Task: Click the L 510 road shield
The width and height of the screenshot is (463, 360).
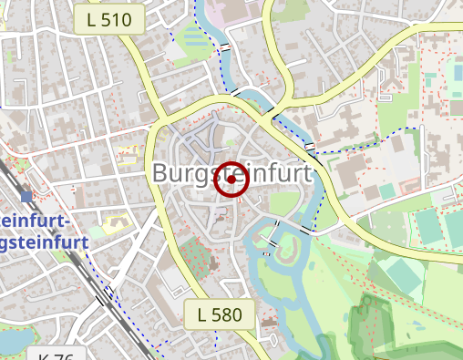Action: point(108,18)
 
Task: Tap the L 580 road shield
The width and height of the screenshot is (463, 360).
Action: point(219,315)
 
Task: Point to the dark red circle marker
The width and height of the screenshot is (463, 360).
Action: point(231,180)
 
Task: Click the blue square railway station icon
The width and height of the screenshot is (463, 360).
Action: point(26,196)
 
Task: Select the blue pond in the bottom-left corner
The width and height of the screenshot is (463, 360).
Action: point(11,340)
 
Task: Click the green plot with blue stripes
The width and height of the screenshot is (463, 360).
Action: point(195,38)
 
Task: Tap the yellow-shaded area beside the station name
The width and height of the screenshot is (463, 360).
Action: point(116,221)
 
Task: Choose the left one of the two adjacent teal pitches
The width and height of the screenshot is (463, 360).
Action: point(427,226)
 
